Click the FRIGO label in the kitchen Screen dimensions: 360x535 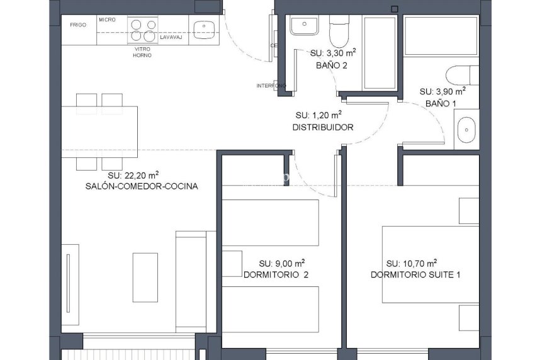point(78,25)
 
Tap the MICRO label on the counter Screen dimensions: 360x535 point(107,20)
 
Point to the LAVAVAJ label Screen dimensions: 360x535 point(171,38)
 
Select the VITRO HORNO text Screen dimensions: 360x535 point(142,52)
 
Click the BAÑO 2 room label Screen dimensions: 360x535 point(331,65)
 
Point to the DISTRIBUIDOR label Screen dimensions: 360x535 point(323,127)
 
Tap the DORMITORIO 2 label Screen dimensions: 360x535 point(276,275)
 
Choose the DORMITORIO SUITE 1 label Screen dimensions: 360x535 point(415,275)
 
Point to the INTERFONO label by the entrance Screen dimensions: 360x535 point(271,86)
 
